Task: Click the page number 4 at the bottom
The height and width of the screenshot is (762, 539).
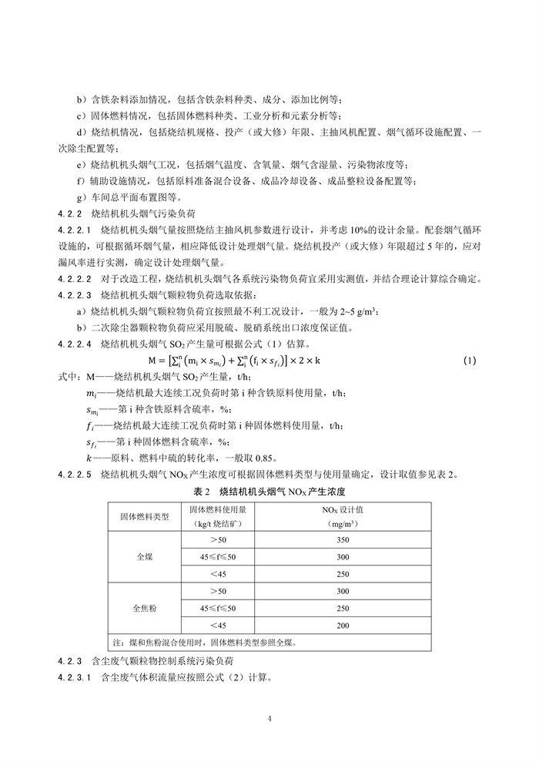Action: (269, 719)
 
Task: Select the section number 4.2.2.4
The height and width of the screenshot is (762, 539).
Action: (75, 344)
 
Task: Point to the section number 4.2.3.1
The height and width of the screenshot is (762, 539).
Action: (75, 678)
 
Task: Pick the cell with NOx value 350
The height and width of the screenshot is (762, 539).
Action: (343, 540)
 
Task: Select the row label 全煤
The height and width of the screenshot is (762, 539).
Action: (145, 556)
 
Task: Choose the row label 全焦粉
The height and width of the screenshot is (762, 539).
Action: (145, 608)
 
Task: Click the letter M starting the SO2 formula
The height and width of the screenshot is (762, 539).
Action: (152, 360)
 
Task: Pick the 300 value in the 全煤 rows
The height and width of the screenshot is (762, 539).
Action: (343, 557)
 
